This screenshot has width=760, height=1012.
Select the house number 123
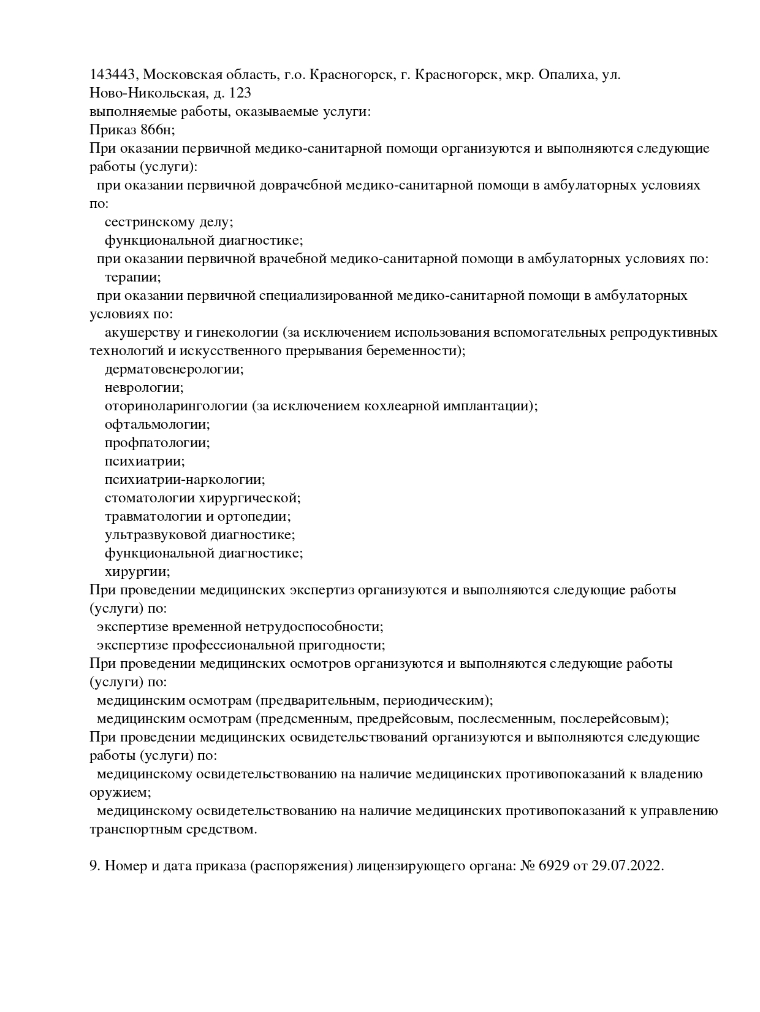240,93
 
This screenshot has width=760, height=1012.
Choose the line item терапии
132,277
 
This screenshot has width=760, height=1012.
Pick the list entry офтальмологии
157,424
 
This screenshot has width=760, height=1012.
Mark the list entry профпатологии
157,443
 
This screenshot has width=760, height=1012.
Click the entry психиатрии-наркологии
184,480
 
